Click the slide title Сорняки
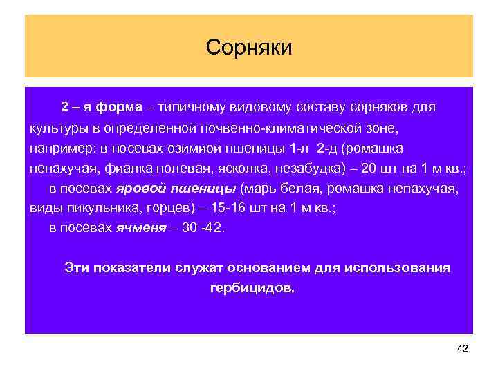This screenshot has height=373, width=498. pyautogui.click(x=249, y=47)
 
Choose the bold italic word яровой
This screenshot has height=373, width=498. pyautogui.click(x=140, y=189)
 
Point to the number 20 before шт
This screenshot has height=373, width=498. pyautogui.click(x=370, y=169)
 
